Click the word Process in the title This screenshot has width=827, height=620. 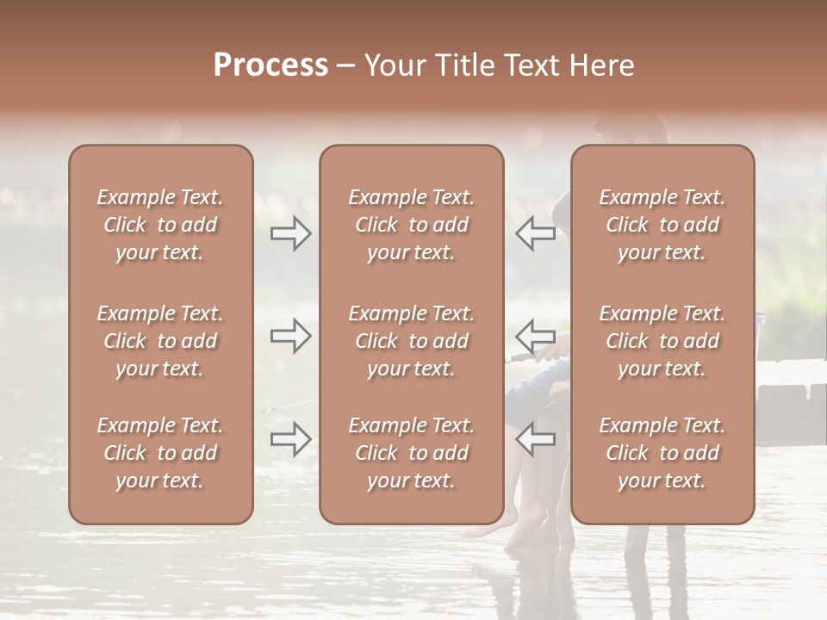pos(270,65)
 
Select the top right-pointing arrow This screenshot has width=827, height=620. pos(290,233)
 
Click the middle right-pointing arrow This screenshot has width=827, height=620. pos(290,336)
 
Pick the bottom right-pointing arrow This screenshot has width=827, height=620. pos(290,439)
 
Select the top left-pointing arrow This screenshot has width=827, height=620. pos(535,233)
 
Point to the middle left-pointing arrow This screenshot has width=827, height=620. pos(535,336)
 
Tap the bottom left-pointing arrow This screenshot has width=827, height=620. pos(535,439)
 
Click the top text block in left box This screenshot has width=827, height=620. pos(160,225)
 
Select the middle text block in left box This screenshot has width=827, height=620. pos(160,341)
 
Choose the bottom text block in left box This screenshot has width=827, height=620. pos(160,453)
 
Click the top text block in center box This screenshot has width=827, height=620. pos(411,225)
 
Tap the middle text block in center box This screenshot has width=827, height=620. pos(411,341)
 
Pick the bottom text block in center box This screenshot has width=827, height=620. pos(411,453)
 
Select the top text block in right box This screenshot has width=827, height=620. pos(662,225)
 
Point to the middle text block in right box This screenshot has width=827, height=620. pos(662,341)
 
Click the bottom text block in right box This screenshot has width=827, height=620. pos(662,453)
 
